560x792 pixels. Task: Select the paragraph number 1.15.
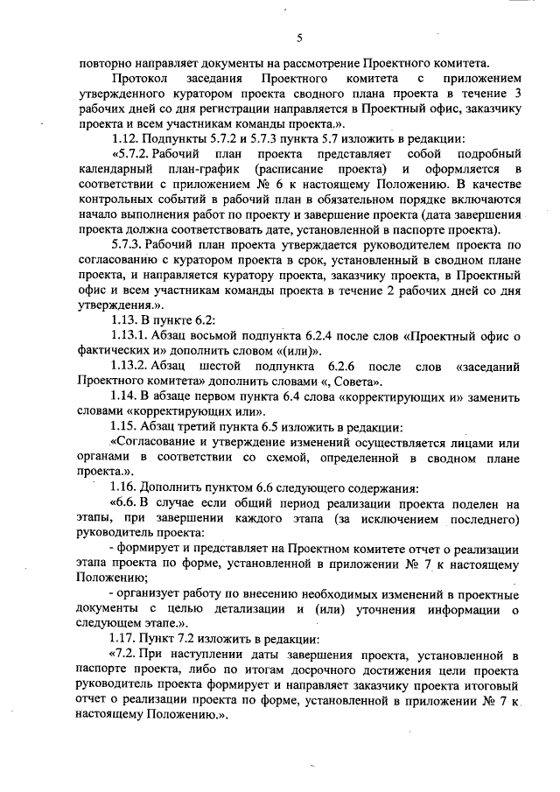(x=126, y=427)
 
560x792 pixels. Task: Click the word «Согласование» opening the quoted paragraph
(x=155, y=443)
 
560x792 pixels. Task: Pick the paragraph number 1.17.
(x=126, y=639)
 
